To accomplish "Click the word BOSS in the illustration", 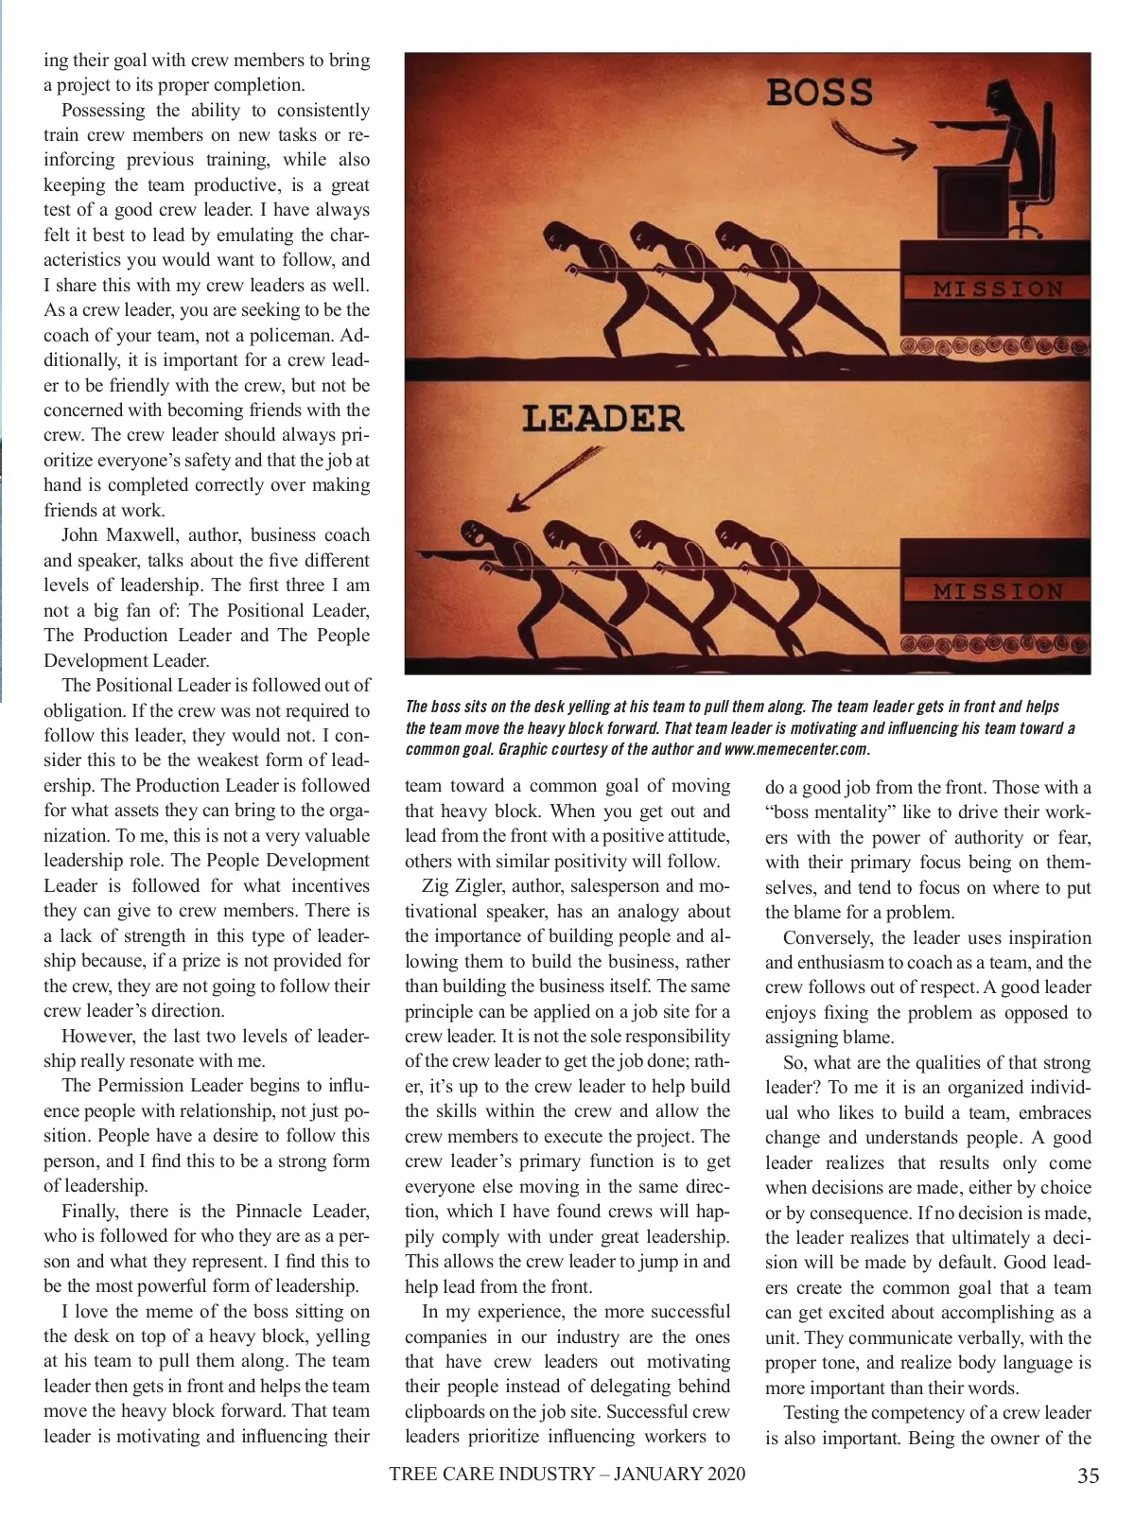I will (819, 93).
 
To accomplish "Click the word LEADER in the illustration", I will (602, 418).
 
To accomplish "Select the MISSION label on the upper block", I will (998, 288).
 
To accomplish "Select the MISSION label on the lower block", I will (998, 591).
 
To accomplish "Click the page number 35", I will (1088, 1475).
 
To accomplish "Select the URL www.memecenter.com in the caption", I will (796, 749).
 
